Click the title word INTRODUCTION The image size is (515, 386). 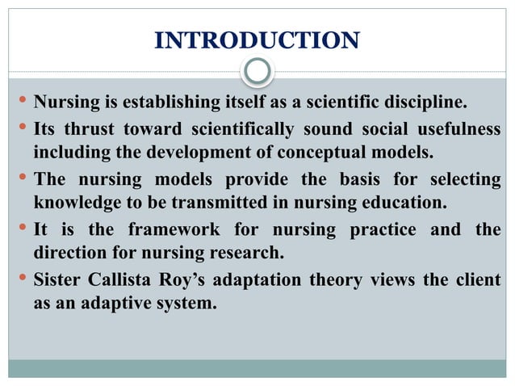[257, 40]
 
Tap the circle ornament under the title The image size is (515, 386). [257, 72]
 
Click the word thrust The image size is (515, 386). [92, 131]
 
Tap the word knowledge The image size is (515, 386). [77, 199]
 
